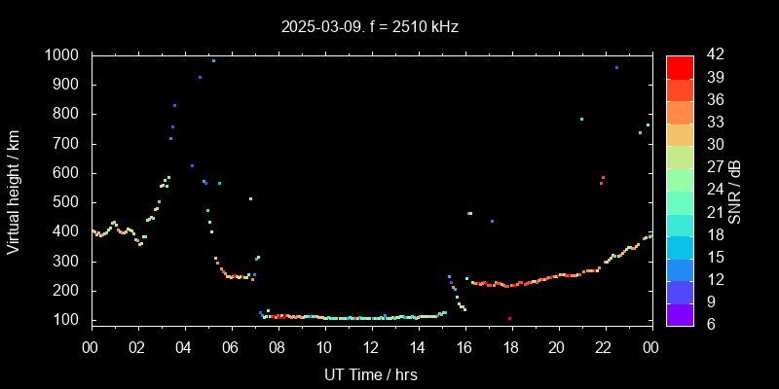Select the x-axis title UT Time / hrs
coord(371,373)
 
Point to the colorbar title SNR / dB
coord(735,190)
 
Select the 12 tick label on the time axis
coord(371,345)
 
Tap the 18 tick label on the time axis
coord(510,345)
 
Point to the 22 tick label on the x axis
coord(604,345)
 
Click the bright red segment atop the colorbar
coord(680,66)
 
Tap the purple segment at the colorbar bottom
coord(680,313)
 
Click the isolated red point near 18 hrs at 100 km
coord(509,318)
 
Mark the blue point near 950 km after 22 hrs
coord(616,68)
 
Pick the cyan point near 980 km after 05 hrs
coord(213,60)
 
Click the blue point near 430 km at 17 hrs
coord(492,222)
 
